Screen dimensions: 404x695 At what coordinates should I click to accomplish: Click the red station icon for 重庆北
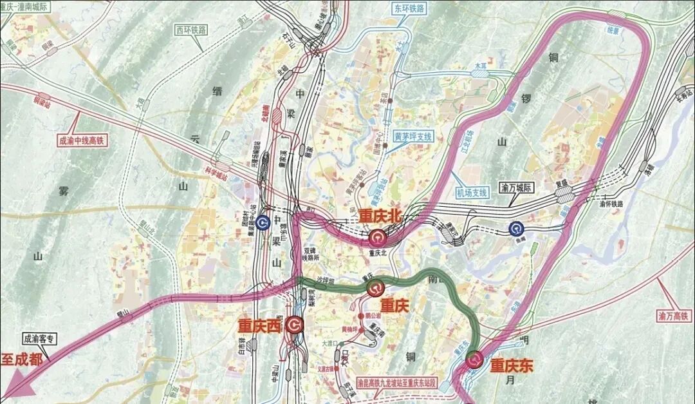tap(376, 238)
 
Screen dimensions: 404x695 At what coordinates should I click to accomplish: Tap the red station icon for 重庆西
tap(295, 325)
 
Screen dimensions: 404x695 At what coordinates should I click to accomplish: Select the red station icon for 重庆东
tap(475, 360)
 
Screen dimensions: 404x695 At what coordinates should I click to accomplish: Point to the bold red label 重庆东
tap(512, 366)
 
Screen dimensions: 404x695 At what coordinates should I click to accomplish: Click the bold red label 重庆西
tap(260, 327)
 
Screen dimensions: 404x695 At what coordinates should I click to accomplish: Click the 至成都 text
tap(22, 359)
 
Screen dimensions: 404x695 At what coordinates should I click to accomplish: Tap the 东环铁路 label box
tap(409, 8)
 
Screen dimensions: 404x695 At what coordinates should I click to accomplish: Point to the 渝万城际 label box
tap(517, 189)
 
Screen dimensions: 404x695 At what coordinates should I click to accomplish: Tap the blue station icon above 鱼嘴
tap(515, 228)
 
